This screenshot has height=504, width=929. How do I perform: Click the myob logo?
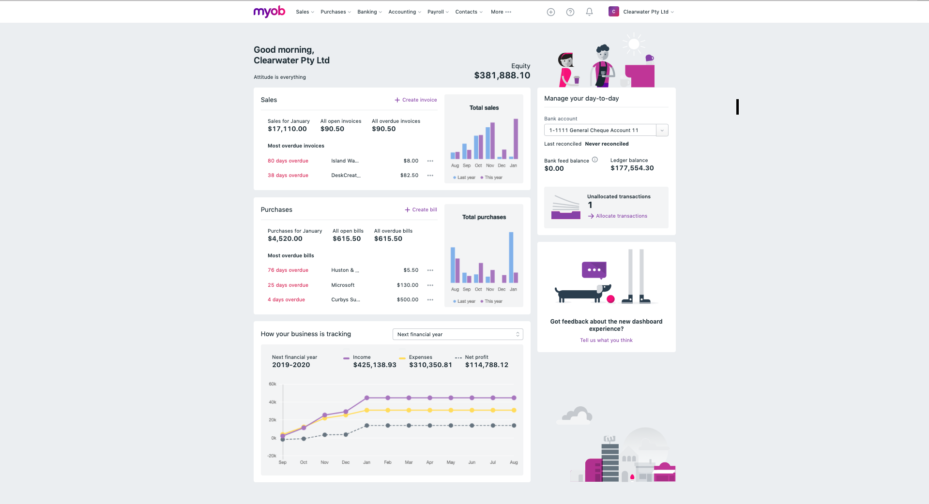pos(269,12)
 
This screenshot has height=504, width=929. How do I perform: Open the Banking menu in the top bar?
pos(369,12)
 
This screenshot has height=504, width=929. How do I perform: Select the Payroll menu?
pos(438,12)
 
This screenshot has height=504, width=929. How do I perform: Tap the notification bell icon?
pos(589,12)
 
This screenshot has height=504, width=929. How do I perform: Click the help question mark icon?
pos(570,12)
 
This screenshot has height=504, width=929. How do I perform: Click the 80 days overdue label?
pos(288,161)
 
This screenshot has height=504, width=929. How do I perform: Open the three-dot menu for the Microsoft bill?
pos(430,285)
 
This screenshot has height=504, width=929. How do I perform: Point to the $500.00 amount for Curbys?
pos(408,300)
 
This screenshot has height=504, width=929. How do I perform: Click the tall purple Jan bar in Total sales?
pos(516,139)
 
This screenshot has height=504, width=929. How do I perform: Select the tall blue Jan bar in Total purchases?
pos(511,257)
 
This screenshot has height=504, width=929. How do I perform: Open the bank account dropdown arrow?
pos(662,131)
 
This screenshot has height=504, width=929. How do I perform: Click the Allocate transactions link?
pos(621,216)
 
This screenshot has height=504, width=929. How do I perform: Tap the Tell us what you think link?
pos(606,341)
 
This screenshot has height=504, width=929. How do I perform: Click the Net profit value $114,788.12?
pos(487,365)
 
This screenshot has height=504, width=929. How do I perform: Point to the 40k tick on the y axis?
pos(273,402)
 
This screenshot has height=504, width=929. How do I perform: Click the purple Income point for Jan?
pos(367,398)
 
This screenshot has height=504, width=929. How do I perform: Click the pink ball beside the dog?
pos(610,299)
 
